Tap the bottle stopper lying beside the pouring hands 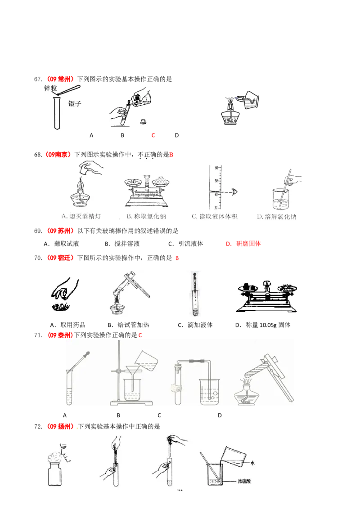click(143, 121)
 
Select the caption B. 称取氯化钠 click(146, 217)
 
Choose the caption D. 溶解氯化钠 click(276, 217)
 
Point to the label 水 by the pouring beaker click(253, 463)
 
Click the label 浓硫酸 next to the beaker click(245, 481)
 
